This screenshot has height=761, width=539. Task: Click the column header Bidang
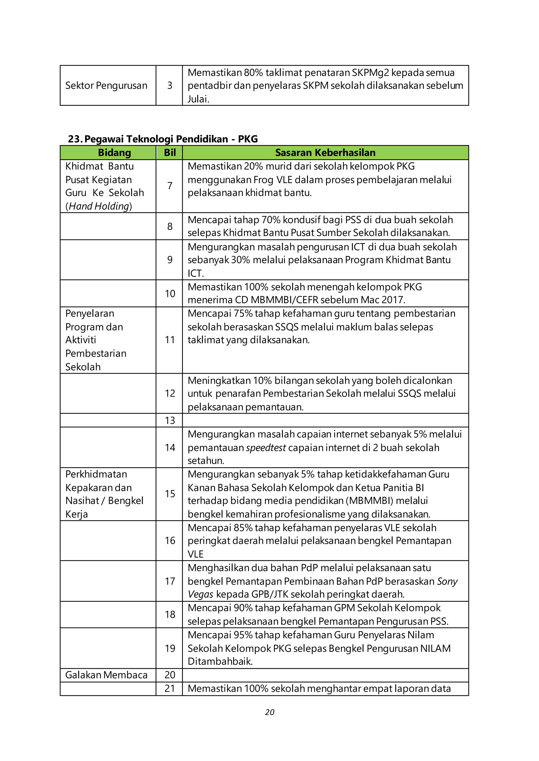point(114,152)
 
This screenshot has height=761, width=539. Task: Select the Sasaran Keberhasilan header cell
point(325,152)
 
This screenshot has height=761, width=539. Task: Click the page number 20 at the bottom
point(269,712)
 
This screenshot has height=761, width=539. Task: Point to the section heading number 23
point(75,139)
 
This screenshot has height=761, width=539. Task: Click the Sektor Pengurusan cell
point(106,85)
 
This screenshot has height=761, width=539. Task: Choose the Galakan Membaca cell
point(106,675)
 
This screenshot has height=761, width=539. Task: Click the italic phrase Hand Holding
point(99,206)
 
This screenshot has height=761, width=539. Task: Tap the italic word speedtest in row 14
point(266,448)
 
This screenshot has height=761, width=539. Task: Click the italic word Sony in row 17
point(447,581)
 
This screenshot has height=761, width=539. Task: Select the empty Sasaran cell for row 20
point(325,675)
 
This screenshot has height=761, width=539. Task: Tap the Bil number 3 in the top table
point(169,85)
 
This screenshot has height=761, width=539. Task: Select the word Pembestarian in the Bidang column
point(96,353)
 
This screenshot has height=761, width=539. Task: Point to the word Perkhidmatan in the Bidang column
point(96,474)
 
